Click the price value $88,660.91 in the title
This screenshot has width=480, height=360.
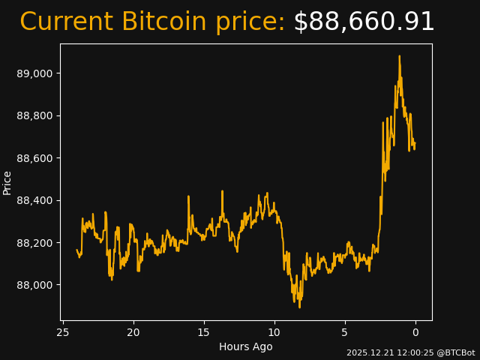point(364,22)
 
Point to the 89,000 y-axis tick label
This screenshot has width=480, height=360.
point(35,73)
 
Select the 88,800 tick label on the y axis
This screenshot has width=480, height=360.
point(35,115)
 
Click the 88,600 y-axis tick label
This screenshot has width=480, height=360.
point(35,158)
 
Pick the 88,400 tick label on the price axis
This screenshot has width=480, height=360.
point(35,200)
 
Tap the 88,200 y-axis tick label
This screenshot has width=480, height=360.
point(35,243)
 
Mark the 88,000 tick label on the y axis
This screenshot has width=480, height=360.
point(35,285)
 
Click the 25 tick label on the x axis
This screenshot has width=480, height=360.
point(63,332)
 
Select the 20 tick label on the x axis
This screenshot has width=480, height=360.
point(133,332)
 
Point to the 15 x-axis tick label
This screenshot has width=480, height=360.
point(204,332)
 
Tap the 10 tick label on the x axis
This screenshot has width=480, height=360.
point(274,332)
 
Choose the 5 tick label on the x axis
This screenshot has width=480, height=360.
point(345,332)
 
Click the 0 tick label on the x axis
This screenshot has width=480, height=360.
point(415,332)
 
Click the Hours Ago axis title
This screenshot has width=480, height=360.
point(246,346)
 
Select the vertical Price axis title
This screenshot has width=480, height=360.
point(7,182)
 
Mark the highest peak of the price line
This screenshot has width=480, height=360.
point(399,56)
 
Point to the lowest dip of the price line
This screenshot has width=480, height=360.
point(299,307)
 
